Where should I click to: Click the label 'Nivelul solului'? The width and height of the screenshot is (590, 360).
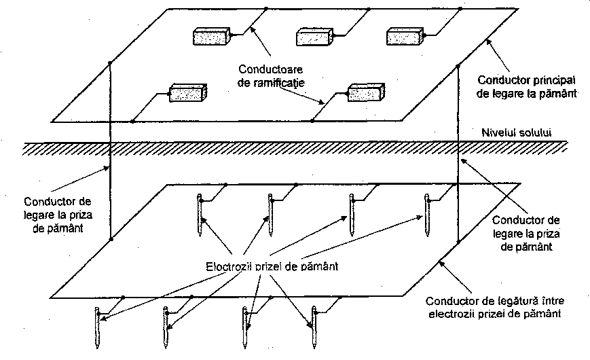pos(516,132)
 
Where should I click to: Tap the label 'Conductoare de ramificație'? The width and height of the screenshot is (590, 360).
pos(270,76)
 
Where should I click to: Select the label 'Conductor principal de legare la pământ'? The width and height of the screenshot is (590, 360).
pos(526,87)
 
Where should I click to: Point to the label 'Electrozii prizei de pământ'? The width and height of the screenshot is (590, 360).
pos(272,267)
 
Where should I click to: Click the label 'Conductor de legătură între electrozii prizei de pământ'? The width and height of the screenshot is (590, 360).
pos(495,307)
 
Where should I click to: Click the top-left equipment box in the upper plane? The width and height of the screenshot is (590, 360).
pos(211,37)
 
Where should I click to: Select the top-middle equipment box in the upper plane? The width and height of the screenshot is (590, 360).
pos(314,37)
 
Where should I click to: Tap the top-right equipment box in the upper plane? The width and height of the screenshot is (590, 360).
pos(405,37)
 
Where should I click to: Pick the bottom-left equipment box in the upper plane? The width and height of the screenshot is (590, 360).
pos(188,92)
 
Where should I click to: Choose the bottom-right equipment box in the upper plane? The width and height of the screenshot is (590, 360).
pos(366,92)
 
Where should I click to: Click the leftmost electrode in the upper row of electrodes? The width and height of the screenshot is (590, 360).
pos(200,215)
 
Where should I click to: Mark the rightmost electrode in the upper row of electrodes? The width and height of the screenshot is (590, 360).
pos(427,215)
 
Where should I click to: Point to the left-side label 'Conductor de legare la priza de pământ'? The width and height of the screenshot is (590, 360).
pos(58,215)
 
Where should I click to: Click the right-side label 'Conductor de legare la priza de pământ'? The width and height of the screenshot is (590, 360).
pos(526,233)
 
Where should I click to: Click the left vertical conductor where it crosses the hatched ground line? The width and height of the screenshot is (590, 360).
pos(110,149)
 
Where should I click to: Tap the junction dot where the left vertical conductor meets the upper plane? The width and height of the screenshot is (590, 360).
pos(110,63)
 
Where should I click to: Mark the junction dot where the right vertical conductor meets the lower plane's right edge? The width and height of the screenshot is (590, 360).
pos(458,242)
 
